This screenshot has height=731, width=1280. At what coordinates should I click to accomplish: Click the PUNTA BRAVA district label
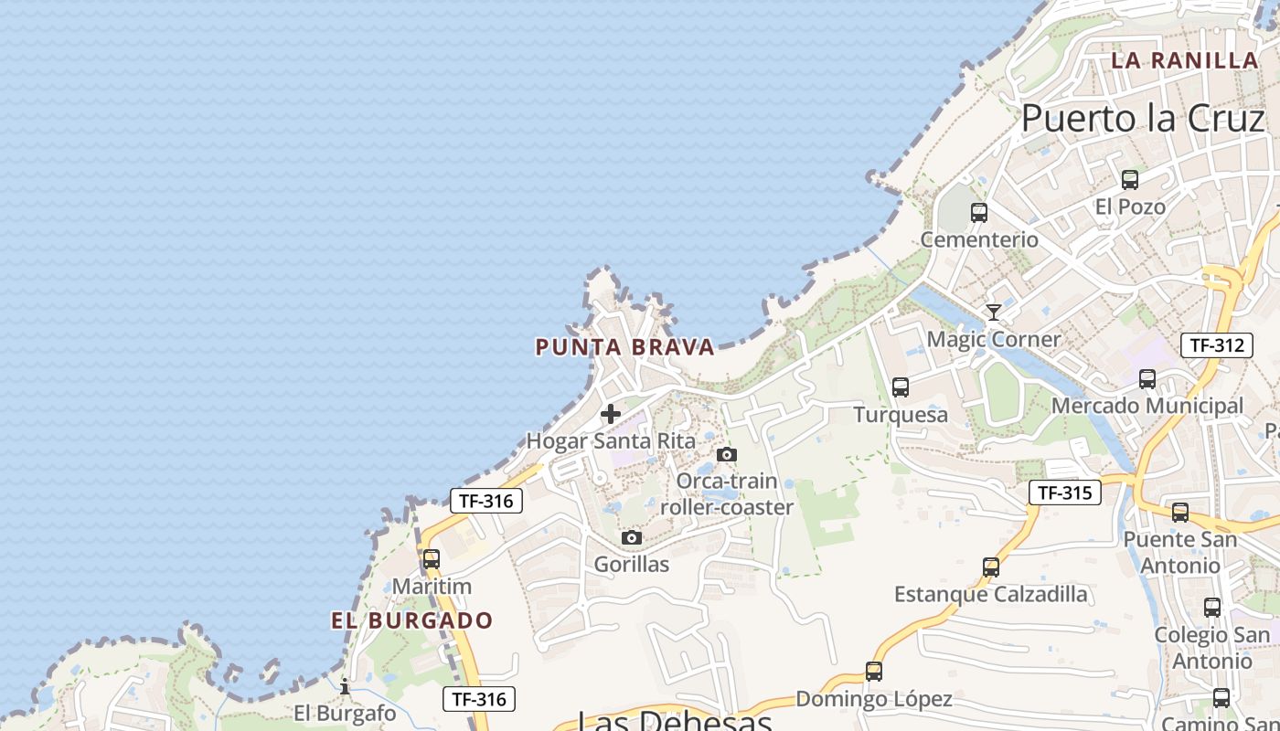click(x=624, y=347)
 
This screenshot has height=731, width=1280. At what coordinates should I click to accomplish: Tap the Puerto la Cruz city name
click(x=1142, y=118)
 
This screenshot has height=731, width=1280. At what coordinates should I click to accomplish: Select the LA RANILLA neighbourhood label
click(x=1185, y=60)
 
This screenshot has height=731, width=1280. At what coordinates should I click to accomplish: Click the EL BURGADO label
click(x=411, y=621)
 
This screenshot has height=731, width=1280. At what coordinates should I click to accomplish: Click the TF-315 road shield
click(x=1064, y=493)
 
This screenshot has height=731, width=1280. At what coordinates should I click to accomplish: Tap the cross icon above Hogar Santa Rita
click(x=611, y=414)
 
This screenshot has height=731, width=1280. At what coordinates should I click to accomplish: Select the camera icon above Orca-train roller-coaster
click(x=727, y=454)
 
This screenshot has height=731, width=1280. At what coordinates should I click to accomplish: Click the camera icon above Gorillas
click(x=632, y=537)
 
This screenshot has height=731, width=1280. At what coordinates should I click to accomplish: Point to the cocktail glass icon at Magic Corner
click(x=994, y=313)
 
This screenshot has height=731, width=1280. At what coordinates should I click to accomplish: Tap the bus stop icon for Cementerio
click(x=979, y=213)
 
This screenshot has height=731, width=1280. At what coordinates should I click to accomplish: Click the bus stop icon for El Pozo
click(x=1130, y=180)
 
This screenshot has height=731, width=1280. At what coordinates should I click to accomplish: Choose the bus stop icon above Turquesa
click(x=901, y=387)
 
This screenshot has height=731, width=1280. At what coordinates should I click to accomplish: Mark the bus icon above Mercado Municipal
click(x=1147, y=378)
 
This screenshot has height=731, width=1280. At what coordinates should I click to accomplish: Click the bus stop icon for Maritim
click(x=431, y=558)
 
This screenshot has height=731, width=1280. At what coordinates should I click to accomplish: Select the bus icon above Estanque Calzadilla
click(x=991, y=567)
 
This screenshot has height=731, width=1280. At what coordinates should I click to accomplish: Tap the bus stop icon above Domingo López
click(x=874, y=672)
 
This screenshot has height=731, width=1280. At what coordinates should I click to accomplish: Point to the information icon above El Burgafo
click(x=345, y=685)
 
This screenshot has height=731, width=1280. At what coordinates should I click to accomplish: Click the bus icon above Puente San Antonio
click(x=1180, y=513)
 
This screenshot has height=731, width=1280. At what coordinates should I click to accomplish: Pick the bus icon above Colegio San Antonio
click(x=1212, y=608)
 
